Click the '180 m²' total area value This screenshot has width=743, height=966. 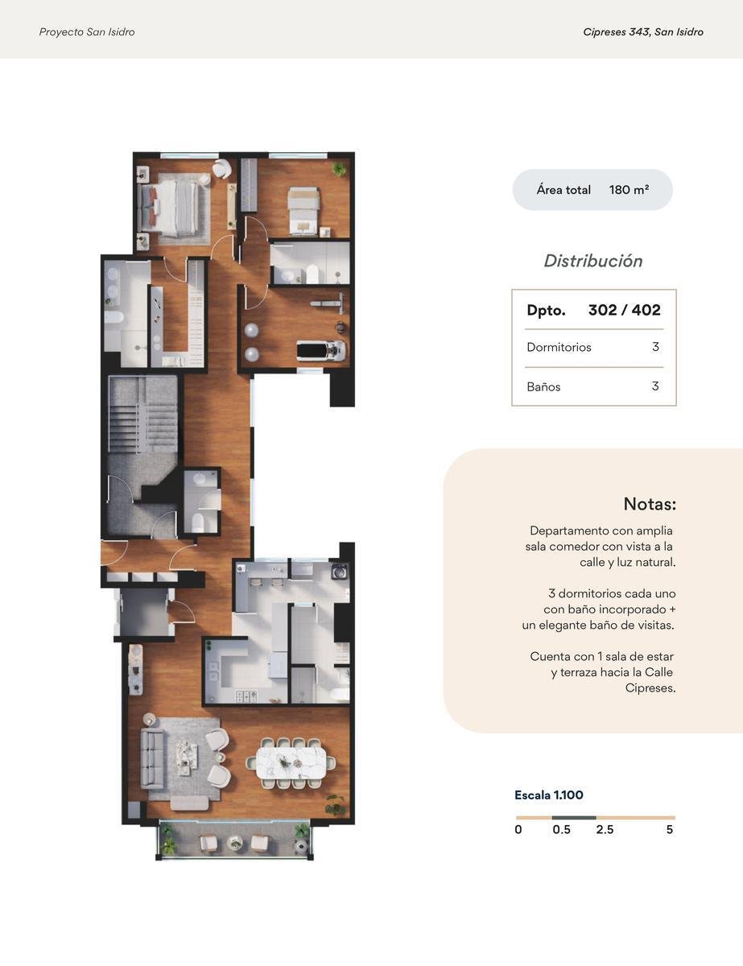click(x=629, y=190)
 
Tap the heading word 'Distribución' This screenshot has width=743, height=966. click(x=593, y=261)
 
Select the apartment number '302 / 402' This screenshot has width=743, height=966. click(x=625, y=310)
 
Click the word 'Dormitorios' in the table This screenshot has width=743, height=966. click(x=559, y=347)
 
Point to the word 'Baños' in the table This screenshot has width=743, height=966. click(x=543, y=386)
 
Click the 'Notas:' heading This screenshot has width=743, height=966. click(x=650, y=504)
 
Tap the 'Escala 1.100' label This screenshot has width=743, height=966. click(x=549, y=795)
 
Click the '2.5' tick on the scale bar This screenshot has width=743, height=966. click(x=605, y=829)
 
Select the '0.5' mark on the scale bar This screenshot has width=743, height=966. click(x=562, y=829)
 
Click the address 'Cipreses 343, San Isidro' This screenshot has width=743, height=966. click(x=643, y=32)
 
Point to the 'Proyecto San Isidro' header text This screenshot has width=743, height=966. click(x=87, y=32)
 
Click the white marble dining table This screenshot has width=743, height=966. click(x=291, y=763)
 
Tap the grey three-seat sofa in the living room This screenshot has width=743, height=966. click(x=152, y=759)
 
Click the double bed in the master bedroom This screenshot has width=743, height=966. click(x=169, y=208)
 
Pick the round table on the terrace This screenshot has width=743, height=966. click(x=234, y=842)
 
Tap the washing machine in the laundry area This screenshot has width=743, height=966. click(x=340, y=572)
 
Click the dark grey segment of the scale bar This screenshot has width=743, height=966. click(x=574, y=818)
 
